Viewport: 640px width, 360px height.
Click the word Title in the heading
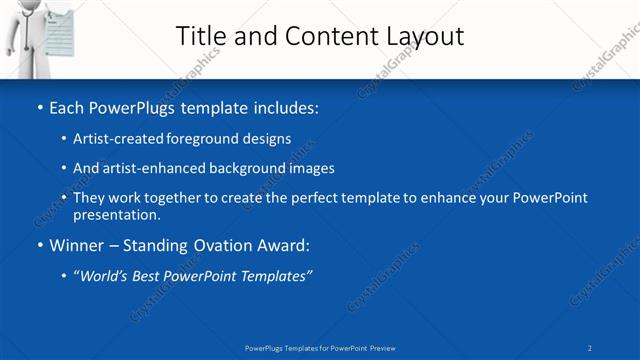200,36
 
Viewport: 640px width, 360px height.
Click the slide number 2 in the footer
590,347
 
